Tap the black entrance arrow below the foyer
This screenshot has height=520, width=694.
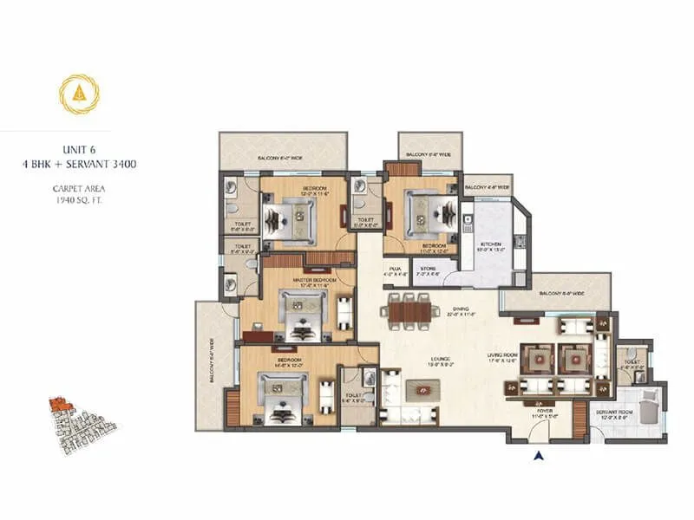[539, 454]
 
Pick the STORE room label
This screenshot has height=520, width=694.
[427, 270]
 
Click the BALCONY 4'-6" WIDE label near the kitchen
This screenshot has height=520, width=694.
[486, 186]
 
